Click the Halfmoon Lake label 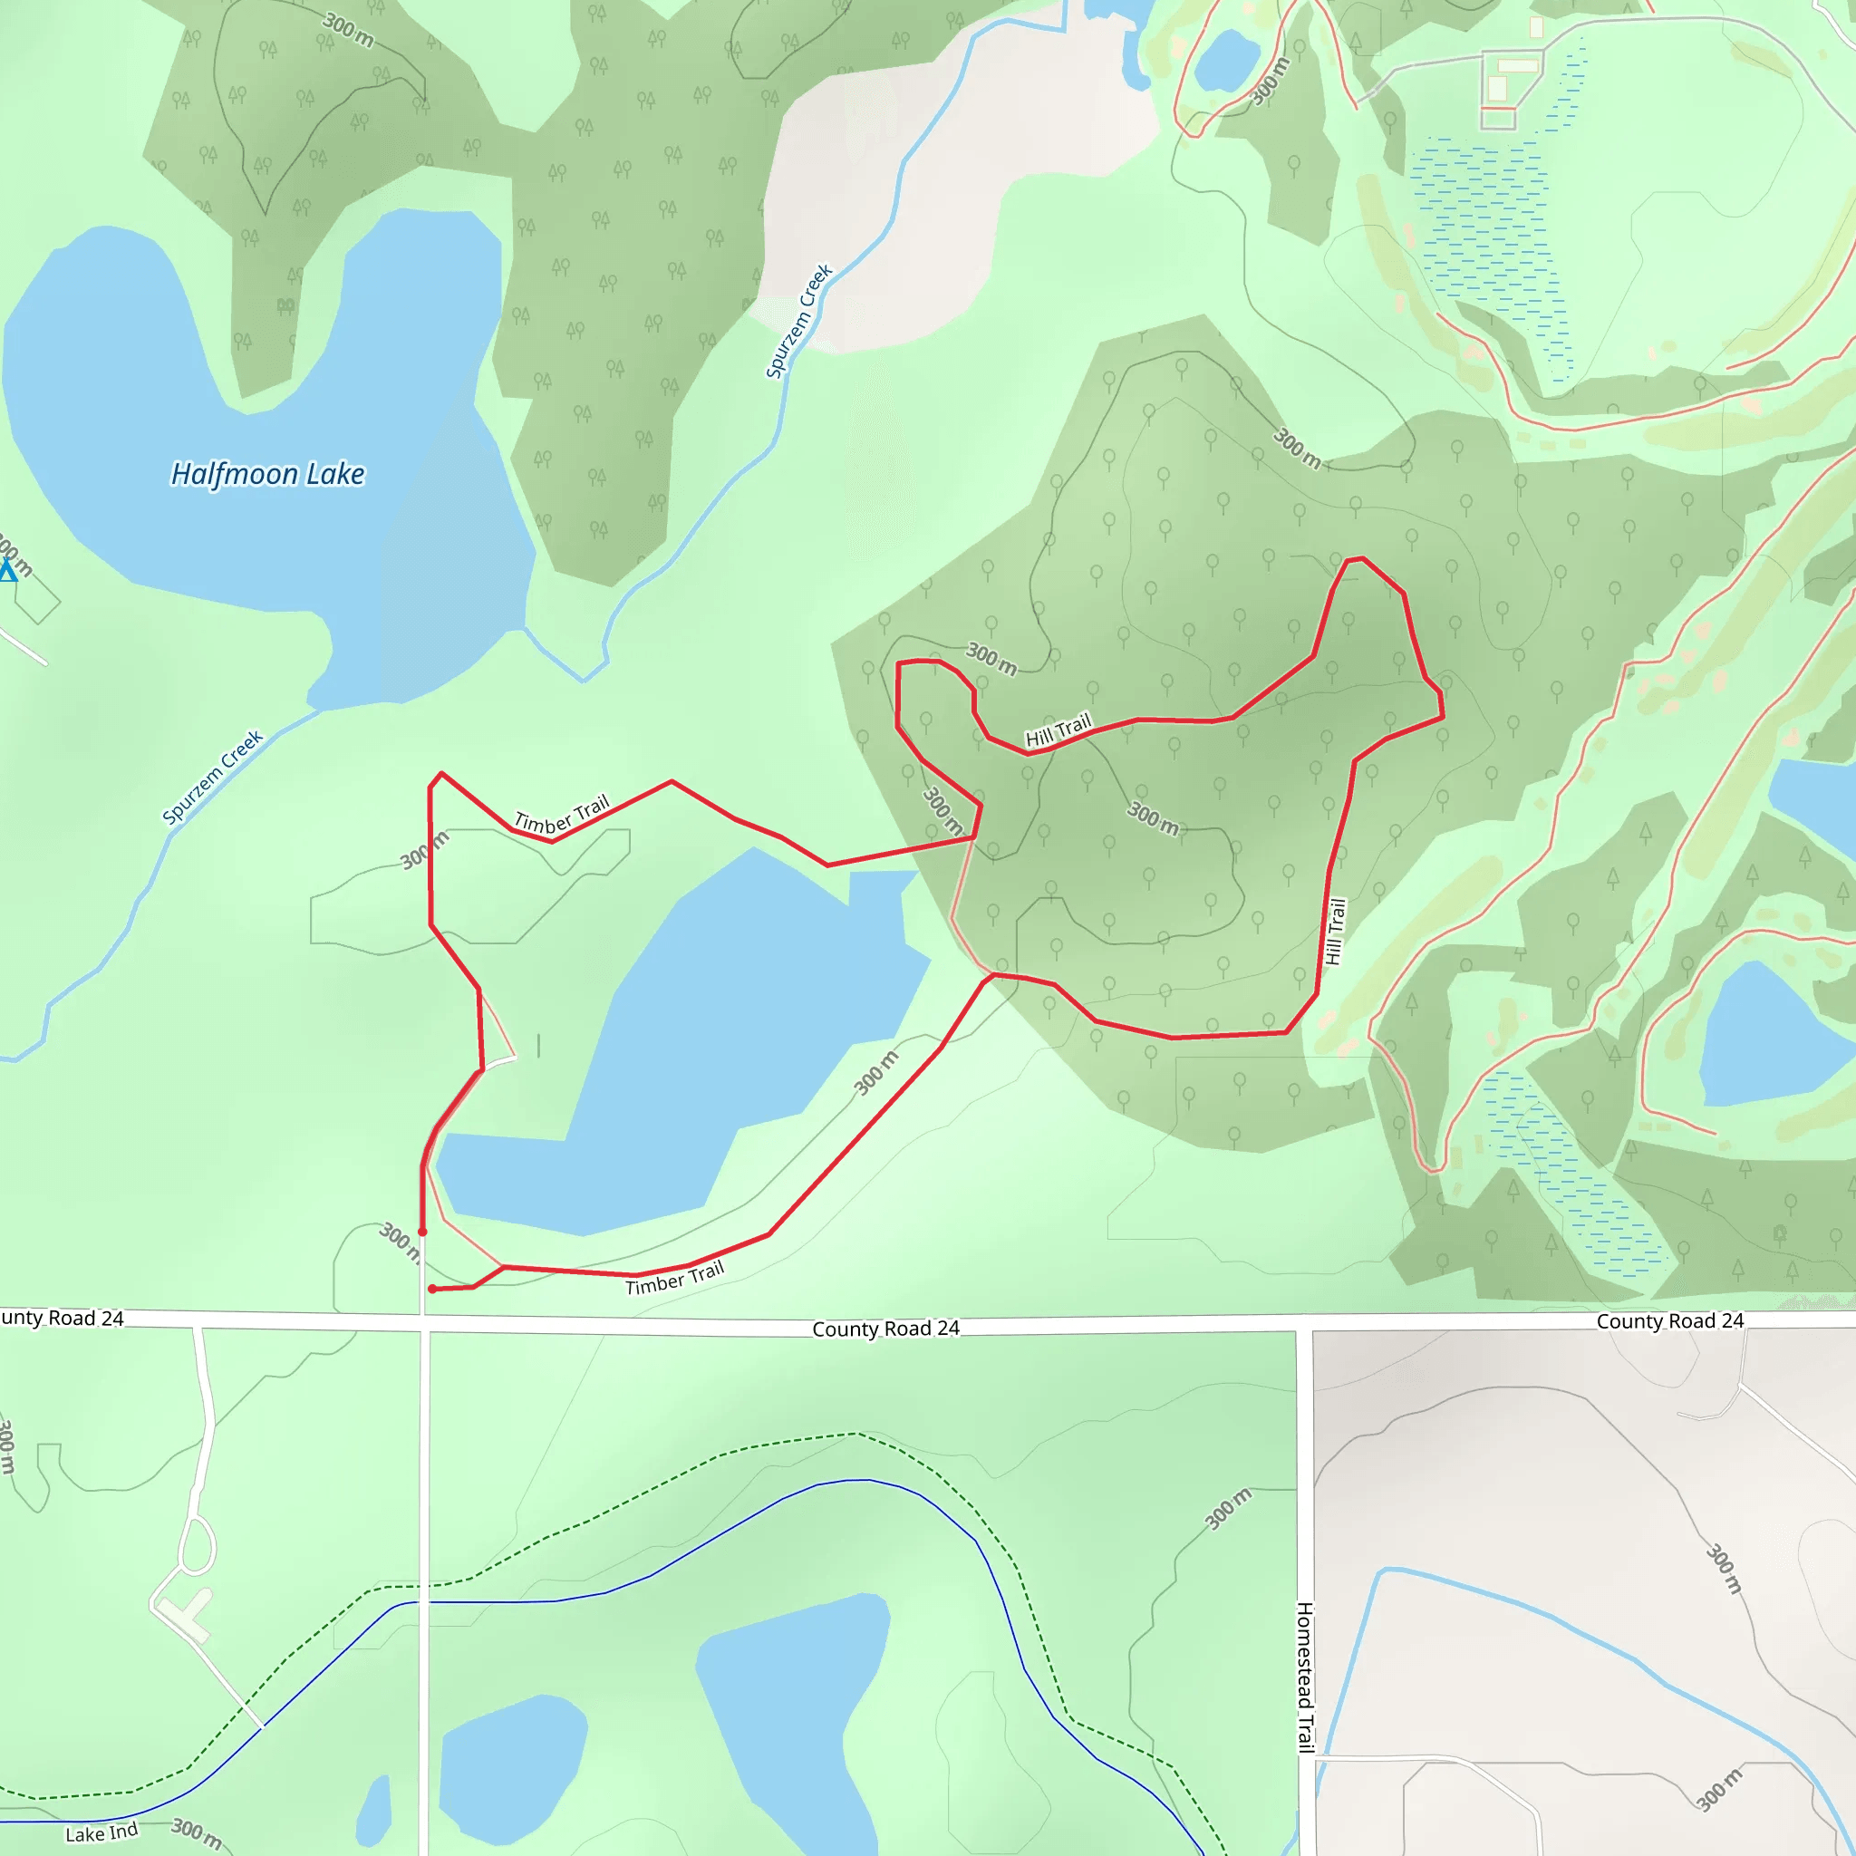(267, 475)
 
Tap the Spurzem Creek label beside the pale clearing (798, 321)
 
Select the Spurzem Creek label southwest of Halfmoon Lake (212, 778)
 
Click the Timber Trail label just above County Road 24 (674, 1279)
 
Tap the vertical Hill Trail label (1335, 931)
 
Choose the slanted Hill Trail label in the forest (1058, 731)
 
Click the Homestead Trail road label (1306, 1677)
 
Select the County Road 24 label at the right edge (1669, 1321)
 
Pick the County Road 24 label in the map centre (885, 1329)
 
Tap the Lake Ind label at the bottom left (101, 1833)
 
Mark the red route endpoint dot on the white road (422, 1232)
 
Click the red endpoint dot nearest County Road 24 (432, 1290)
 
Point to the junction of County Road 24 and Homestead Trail (1305, 1327)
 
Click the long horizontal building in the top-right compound (1518, 65)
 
